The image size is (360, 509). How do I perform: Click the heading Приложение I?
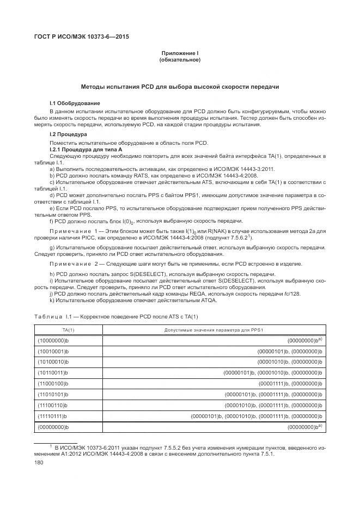(180, 53)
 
